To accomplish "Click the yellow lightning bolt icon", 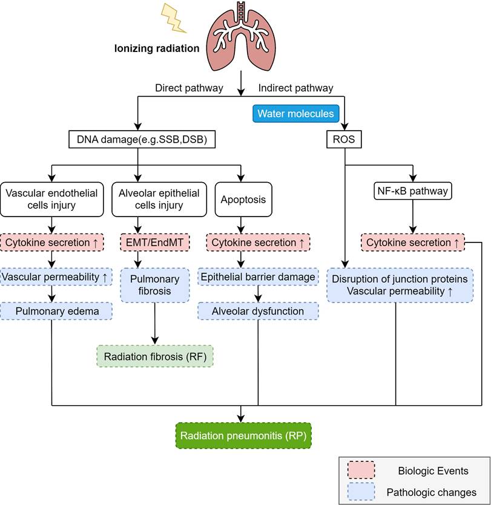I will pos(173,19).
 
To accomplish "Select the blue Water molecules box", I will pos(295,114).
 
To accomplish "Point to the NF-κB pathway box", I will pos(412,191).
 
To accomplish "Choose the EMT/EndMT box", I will pos(156,243).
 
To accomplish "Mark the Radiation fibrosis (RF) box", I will pos(156,356).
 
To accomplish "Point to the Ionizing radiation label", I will pos(157,48).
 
